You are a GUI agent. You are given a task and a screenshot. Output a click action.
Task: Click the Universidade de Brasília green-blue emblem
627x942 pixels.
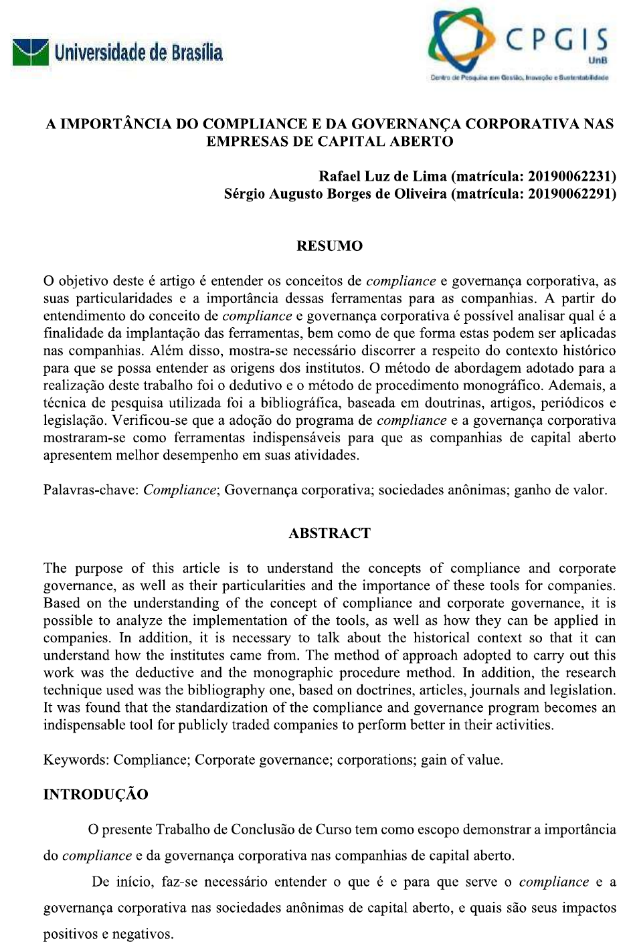click(31, 52)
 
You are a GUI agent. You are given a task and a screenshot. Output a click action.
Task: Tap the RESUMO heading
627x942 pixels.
click(329, 246)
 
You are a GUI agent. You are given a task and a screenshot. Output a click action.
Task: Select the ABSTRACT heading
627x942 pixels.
click(329, 533)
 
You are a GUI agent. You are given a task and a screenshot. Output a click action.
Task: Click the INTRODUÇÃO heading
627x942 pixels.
click(96, 794)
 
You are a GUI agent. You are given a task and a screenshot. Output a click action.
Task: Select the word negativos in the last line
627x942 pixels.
click(142, 934)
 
